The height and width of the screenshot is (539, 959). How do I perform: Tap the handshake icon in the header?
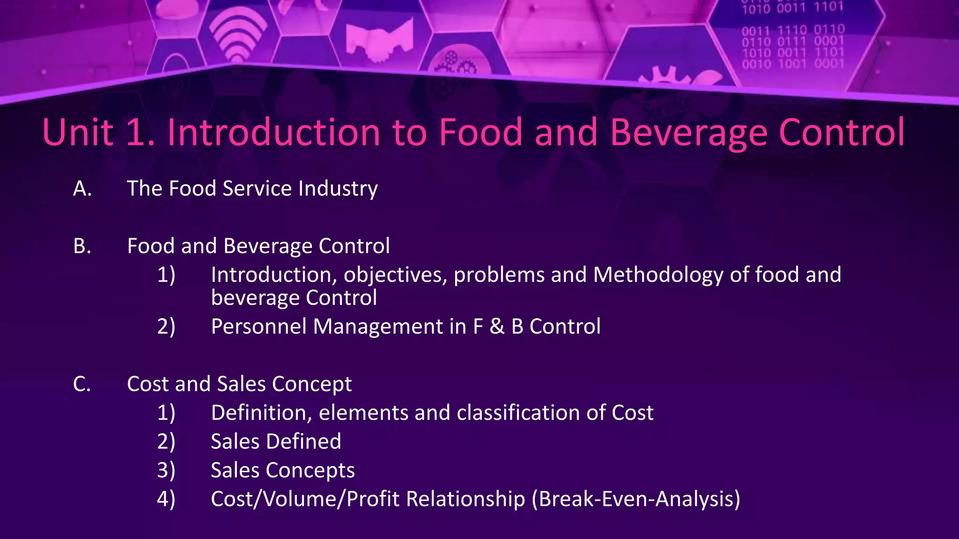379,41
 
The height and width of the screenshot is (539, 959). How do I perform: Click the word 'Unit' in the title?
78,132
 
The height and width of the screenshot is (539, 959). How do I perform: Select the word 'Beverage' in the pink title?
688,133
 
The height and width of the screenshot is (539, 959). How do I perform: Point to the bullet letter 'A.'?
82,189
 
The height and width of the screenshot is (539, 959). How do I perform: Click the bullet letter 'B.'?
82,246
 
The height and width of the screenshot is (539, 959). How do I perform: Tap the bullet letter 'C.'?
82,384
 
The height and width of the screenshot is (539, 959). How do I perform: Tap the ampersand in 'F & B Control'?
497,327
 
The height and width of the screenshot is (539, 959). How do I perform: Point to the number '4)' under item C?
166,499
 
